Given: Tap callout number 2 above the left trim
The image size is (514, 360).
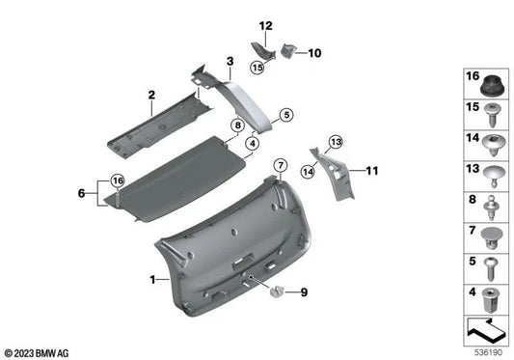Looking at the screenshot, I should click(x=151, y=95).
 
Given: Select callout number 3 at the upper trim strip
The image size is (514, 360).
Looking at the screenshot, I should click(x=230, y=61).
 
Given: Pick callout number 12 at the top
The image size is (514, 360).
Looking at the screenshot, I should click(x=265, y=25).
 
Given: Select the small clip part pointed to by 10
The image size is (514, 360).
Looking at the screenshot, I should click(x=287, y=50).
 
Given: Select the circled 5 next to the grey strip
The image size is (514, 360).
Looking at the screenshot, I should click(x=285, y=115).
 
